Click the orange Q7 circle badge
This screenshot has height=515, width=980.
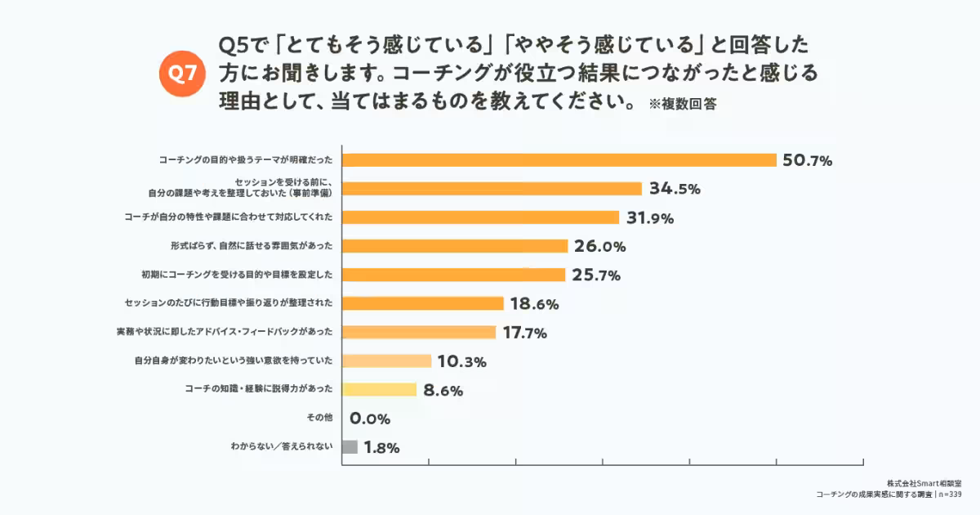(x=183, y=74)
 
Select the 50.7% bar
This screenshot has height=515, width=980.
(x=559, y=160)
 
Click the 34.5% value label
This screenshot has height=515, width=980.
(x=675, y=189)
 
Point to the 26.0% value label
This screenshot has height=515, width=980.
(x=599, y=246)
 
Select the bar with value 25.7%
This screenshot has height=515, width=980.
(x=453, y=275)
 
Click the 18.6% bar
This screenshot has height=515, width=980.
(x=422, y=303)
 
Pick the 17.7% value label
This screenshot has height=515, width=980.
(x=525, y=333)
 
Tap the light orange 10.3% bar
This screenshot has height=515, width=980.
(x=386, y=361)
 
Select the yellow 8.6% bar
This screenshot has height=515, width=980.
(x=379, y=390)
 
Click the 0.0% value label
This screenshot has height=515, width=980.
(x=370, y=419)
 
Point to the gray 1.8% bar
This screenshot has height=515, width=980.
(x=350, y=447)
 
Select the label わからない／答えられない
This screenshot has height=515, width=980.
(x=282, y=447)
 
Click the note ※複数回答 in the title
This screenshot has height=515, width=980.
(x=683, y=105)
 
